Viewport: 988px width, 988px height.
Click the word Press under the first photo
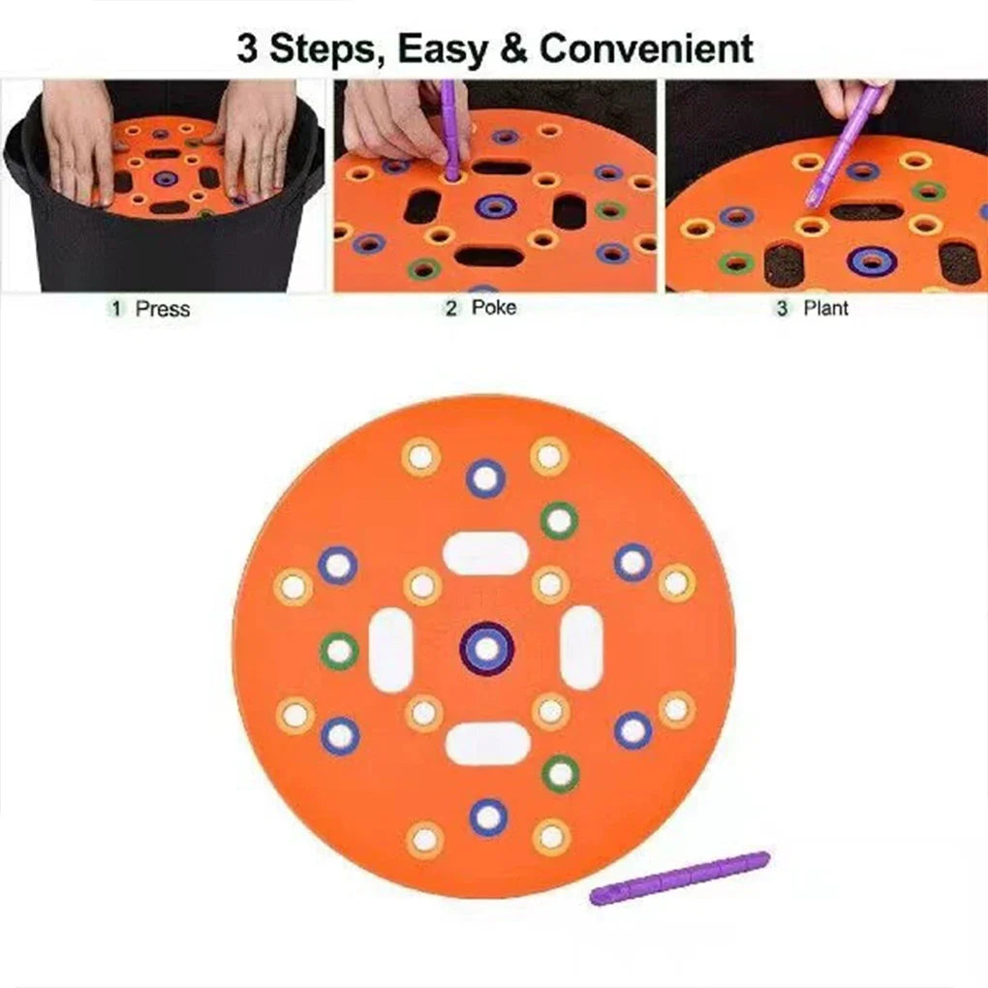pyautogui.click(x=163, y=310)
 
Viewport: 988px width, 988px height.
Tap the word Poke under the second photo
pyautogui.click(x=494, y=308)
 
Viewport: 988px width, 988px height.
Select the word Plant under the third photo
pyautogui.click(x=826, y=308)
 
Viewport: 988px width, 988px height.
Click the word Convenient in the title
pyautogui.click(x=646, y=48)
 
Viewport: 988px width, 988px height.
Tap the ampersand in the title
pyautogui.click(x=514, y=48)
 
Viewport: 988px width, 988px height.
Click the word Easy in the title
pyautogui.click(x=445, y=48)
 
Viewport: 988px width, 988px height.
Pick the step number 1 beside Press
pyautogui.click(x=117, y=310)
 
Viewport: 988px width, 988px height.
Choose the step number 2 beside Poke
pyautogui.click(x=451, y=309)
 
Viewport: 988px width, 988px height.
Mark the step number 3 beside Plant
pyautogui.click(x=784, y=309)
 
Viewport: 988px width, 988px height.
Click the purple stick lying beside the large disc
pyautogui.click(x=680, y=878)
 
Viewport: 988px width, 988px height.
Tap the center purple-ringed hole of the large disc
pyautogui.click(x=486, y=648)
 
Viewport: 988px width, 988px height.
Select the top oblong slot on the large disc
pyautogui.click(x=485, y=553)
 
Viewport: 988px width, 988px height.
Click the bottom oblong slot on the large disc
pyautogui.click(x=487, y=744)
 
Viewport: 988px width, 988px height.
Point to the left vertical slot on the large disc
pyautogui.click(x=391, y=649)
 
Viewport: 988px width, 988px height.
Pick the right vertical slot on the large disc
pyautogui.click(x=581, y=649)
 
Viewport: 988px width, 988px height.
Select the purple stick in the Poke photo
pyautogui.click(x=449, y=131)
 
